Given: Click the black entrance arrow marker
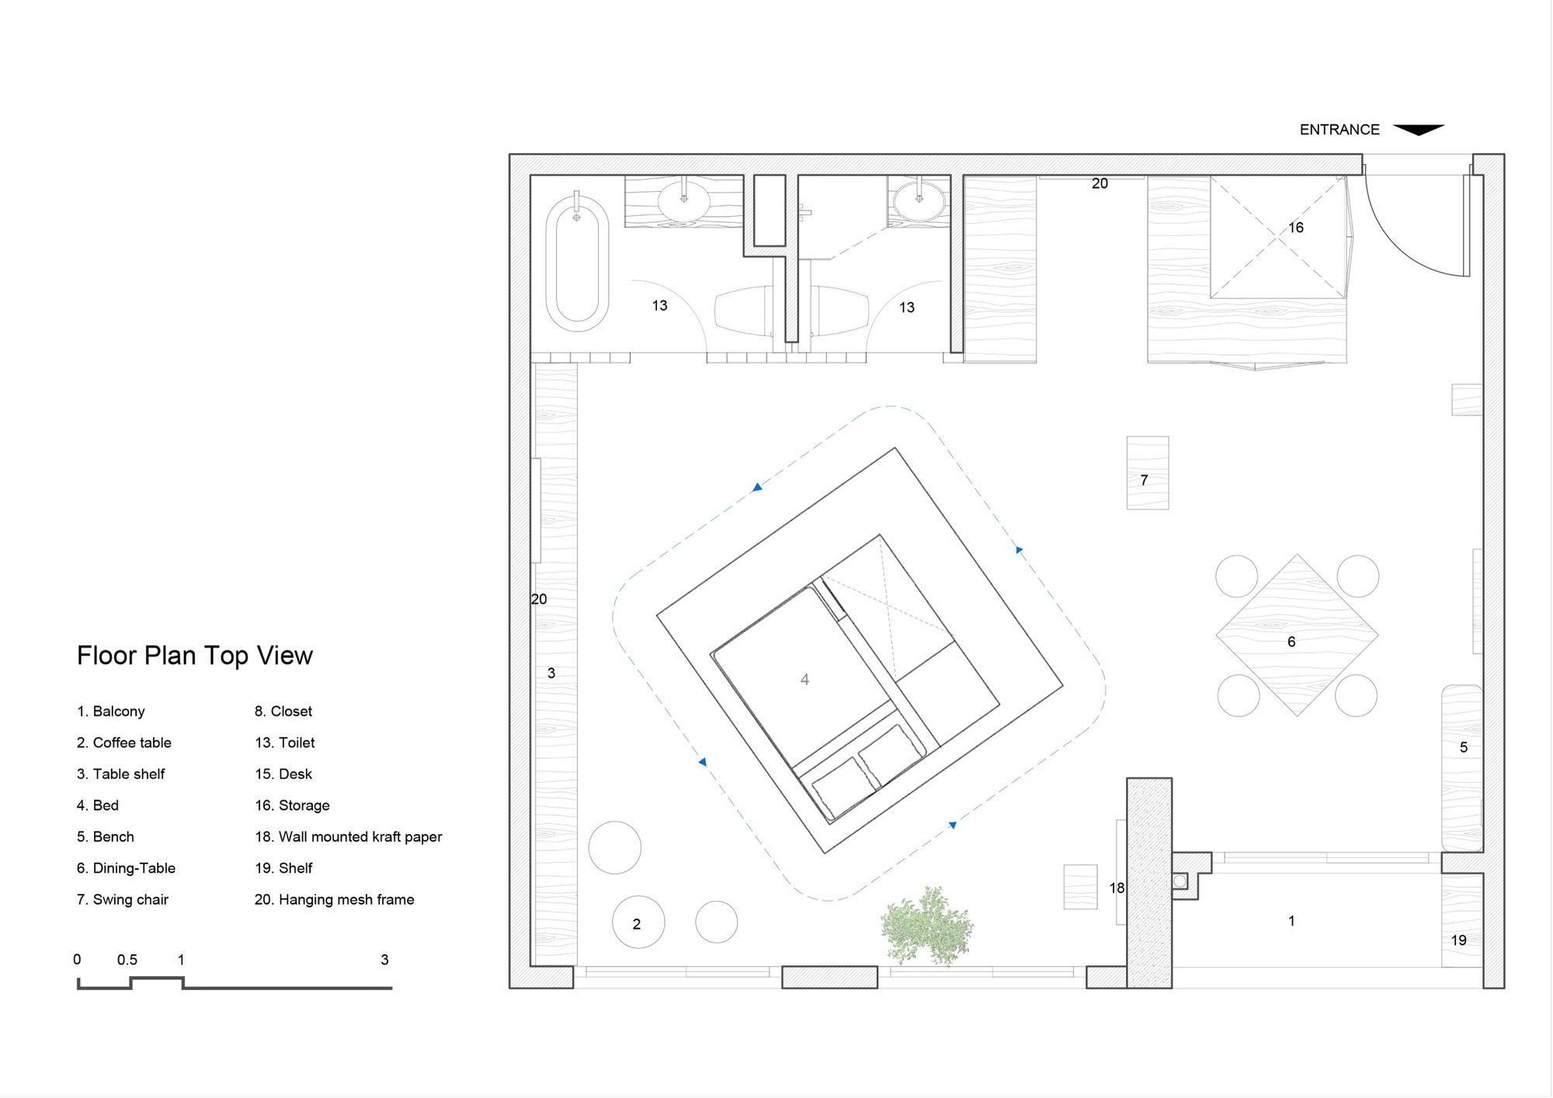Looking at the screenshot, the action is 1419,130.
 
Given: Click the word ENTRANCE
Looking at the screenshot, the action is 1339,130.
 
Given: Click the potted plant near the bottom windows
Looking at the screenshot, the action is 926,925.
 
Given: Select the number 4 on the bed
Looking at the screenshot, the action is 804,679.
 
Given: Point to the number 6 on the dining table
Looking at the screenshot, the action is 1291,641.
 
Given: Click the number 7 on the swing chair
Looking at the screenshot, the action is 1144,480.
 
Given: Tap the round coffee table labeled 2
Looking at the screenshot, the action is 638,922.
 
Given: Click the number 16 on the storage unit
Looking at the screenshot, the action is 1296,228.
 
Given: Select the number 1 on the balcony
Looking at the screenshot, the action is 1291,921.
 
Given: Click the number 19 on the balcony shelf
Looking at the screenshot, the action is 1459,940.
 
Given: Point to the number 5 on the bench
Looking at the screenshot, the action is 1464,747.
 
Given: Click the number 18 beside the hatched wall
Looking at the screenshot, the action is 1117,888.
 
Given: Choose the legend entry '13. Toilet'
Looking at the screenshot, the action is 285,742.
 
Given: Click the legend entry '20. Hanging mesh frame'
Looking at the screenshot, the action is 335,899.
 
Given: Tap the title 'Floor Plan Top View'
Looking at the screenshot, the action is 195,655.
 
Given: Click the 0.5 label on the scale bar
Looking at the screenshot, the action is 127,960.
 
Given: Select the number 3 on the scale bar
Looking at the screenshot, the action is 384,960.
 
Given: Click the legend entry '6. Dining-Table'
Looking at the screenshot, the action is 126,868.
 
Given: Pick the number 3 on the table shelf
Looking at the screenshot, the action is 551,673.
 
